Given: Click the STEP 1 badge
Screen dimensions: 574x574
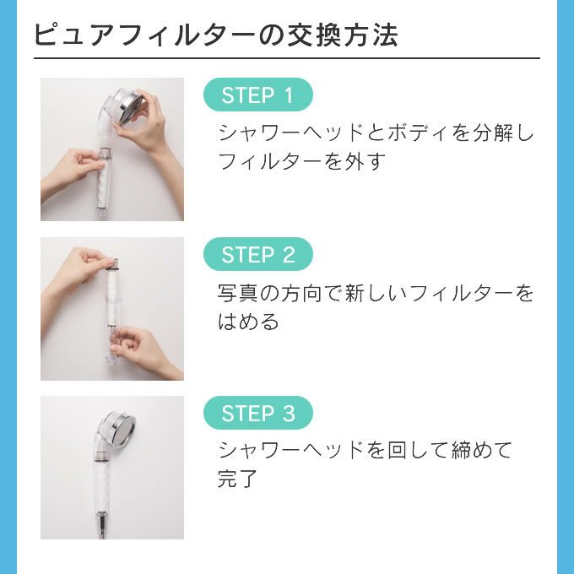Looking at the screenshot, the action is coord(258,95).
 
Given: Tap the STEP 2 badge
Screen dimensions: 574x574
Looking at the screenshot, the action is coord(258,254).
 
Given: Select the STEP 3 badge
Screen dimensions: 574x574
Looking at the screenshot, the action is coord(258,413).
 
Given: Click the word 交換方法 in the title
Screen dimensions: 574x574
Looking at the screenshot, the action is coord(342,35).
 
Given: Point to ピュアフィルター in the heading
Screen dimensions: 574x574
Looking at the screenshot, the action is coord(145,35).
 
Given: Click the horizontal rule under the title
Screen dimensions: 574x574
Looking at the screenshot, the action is coord(287,58).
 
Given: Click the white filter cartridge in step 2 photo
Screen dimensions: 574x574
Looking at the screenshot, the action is coord(112,293).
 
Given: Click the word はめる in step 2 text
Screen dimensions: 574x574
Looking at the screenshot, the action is coord(248,322).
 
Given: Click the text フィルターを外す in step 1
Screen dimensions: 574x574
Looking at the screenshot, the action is coord(302,161).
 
